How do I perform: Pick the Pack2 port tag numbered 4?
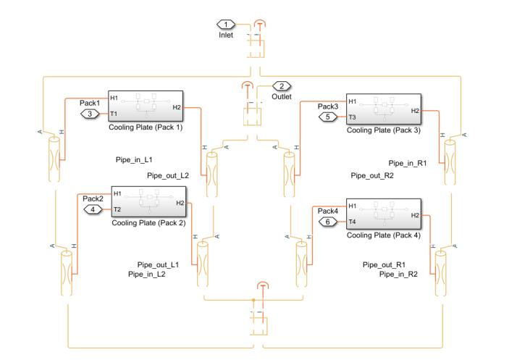pos(94,210)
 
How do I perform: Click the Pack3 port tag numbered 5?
pos(329,116)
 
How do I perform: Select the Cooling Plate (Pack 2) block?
pos(148,201)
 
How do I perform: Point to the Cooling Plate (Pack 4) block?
pos(384,214)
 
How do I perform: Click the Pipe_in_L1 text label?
pos(134,159)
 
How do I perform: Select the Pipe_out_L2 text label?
pos(167,175)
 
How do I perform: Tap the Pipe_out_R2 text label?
pos(371,175)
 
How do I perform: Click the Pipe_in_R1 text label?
pos(408,163)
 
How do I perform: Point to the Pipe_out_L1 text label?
pos(158,264)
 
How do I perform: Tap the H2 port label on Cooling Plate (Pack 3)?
pos(415,111)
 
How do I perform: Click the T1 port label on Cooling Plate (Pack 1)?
pos(114,114)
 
